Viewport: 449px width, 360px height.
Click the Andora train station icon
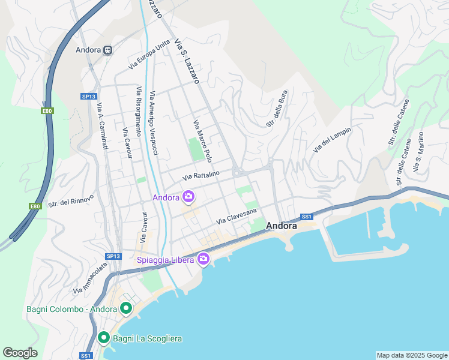108,50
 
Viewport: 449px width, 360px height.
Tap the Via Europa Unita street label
149,55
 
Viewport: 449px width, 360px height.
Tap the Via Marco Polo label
203,141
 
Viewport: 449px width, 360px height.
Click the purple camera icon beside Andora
188,197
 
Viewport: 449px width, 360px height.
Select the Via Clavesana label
237,217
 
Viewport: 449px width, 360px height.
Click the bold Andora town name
281,226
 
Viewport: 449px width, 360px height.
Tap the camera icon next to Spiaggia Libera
203,259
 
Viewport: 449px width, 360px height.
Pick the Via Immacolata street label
90,277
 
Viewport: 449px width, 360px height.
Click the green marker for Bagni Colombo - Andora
126,309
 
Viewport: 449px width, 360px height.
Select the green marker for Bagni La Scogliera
103,338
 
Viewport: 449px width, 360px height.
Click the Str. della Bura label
277,109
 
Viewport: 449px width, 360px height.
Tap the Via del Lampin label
332,140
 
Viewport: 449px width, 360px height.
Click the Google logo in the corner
20,353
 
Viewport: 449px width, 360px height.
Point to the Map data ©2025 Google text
411,355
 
